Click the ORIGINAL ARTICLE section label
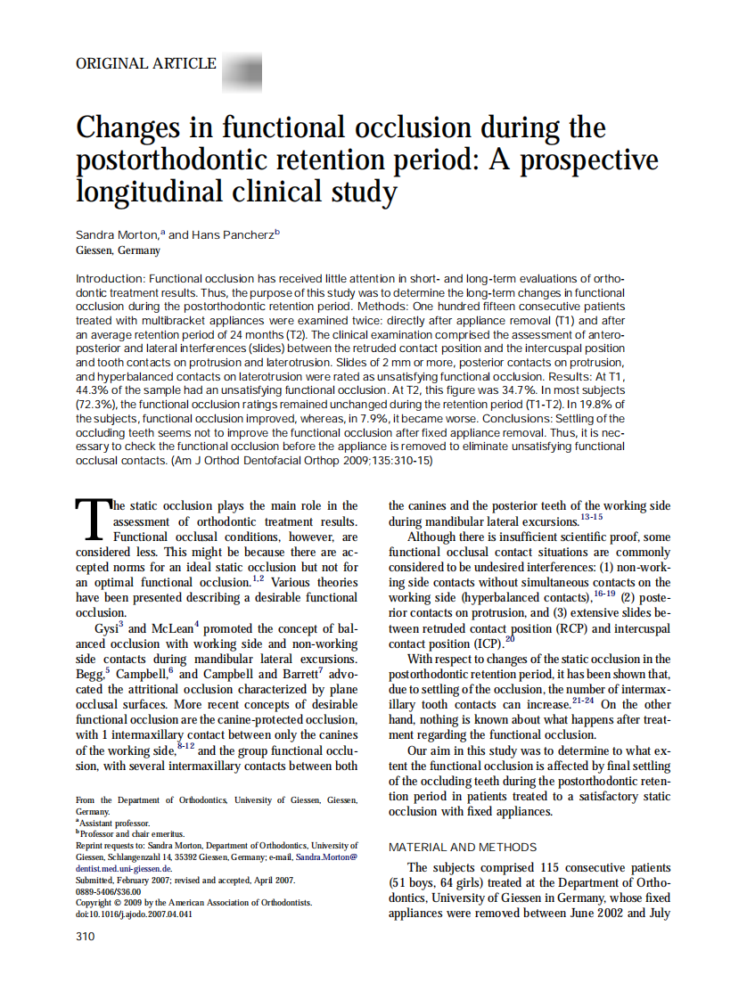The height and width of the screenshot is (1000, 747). click(146, 63)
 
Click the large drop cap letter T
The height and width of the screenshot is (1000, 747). click(92, 520)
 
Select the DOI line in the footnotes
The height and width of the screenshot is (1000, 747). click(133, 914)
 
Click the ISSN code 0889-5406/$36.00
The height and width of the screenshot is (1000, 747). click(109, 890)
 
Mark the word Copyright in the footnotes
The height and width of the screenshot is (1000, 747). click(97, 902)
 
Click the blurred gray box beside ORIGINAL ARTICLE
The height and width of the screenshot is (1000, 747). click(241, 70)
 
